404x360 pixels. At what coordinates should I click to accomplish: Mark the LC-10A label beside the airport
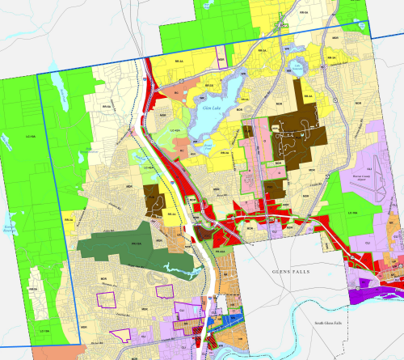pos(352,212)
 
